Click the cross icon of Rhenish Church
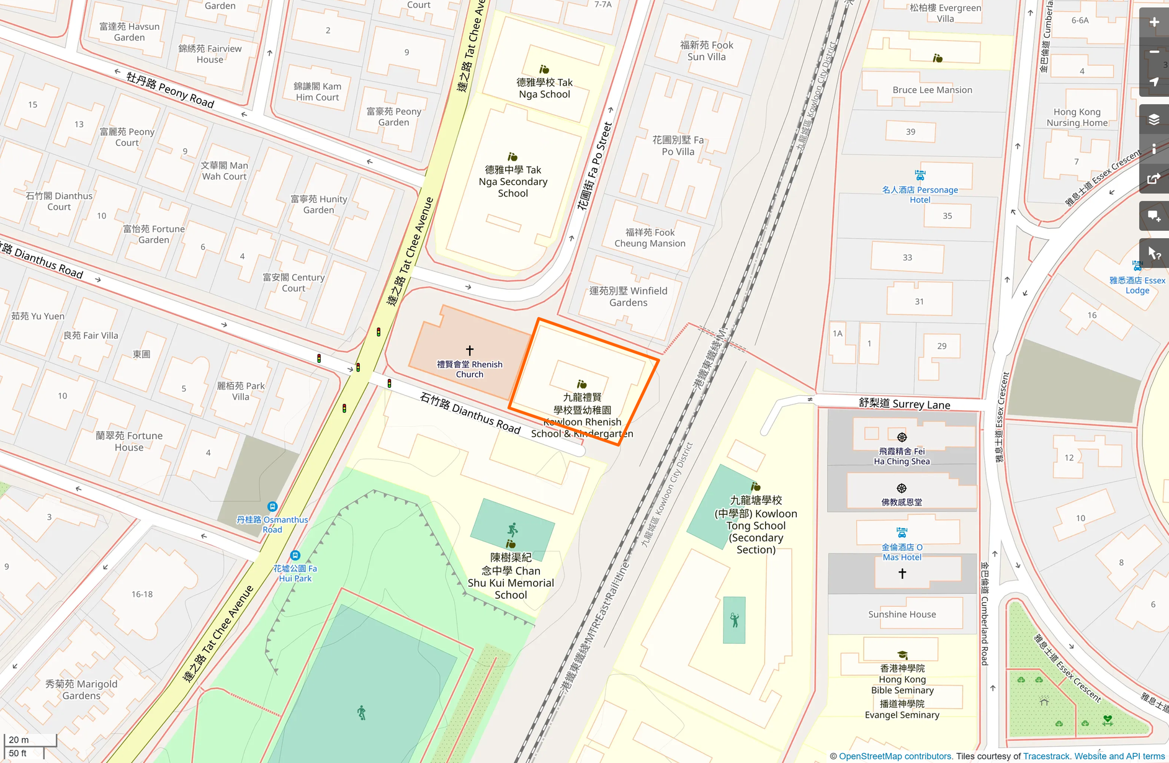pyautogui.click(x=470, y=350)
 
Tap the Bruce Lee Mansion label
pyautogui.click(x=932, y=90)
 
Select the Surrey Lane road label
pyautogui.click(x=904, y=404)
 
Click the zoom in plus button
pyautogui.click(x=1153, y=22)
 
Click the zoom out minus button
pyautogui.click(x=1153, y=52)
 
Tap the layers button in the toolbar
pyautogui.click(x=1153, y=119)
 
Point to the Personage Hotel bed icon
pyautogui.click(x=920, y=176)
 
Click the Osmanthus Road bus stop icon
pyautogui.click(x=272, y=506)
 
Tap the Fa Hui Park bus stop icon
pyautogui.click(x=295, y=555)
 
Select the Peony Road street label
pyautogui.click(x=170, y=90)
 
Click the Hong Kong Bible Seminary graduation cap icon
pyautogui.click(x=902, y=655)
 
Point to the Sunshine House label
pyautogui.click(x=902, y=614)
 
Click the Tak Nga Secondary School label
pyautogui.click(x=513, y=181)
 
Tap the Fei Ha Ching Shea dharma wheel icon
pyautogui.click(x=902, y=437)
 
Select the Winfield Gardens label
pyautogui.click(x=628, y=297)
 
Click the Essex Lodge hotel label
pyautogui.click(x=1137, y=285)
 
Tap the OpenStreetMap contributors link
pyautogui.click(x=895, y=756)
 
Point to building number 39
pyautogui.click(x=910, y=132)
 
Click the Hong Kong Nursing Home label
pyautogui.click(x=1077, y=117)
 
